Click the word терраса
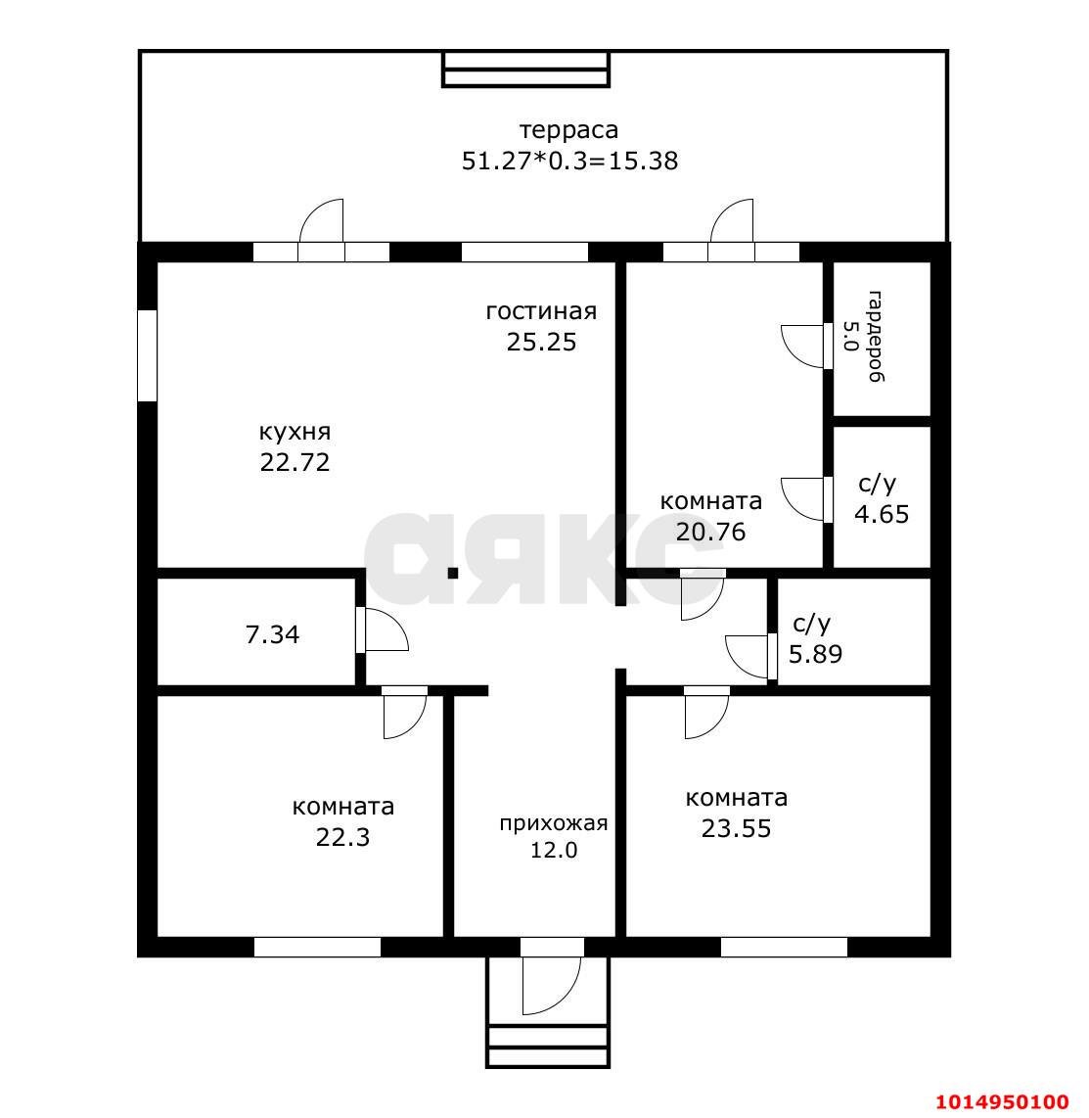click(568, 130)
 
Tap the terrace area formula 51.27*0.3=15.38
click(569, 161)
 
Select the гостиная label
click(541, 311)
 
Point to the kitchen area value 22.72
click(295, 462)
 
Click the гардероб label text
click(875, 337)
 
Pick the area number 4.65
click(882, 514)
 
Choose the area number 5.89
click(815, 654)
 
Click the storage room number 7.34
click(272, 634)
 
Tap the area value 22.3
click(342, 837)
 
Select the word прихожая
click(553, 824)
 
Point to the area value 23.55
click(736, 828)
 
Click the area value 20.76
click(710, 532)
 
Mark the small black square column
click(453, 573)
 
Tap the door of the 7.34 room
click(382, 629)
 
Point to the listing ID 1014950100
click(1001, 1101)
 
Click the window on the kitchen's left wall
click(147, 355)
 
